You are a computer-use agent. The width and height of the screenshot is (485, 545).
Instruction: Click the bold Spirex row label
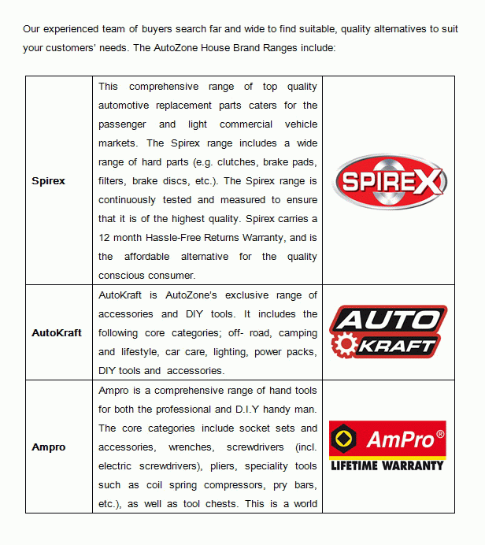point(48,181)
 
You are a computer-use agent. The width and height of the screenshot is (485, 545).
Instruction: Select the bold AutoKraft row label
point(57,333)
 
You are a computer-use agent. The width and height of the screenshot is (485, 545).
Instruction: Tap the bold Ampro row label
point(49,447)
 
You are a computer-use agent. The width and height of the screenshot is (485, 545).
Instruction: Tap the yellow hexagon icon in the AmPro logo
point(344,439)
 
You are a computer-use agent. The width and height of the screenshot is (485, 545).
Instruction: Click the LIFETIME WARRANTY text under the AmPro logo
point(387,465)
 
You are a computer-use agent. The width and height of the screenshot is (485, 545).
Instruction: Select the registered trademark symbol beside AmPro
point(439,432)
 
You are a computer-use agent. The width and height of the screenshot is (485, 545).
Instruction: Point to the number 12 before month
point(105,238)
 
